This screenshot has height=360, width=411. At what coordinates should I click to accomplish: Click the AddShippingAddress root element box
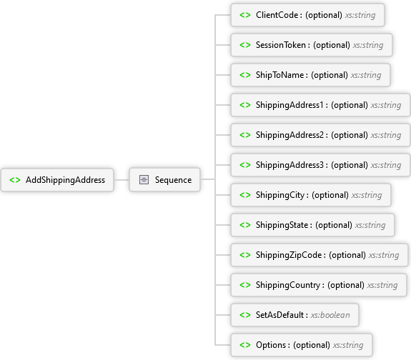click(57, 180)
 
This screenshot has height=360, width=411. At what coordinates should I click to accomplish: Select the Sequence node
click(164, 180)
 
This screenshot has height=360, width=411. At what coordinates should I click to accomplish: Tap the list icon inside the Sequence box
click(144, 180)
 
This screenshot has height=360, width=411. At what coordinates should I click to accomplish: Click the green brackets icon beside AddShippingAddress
click(15, 180)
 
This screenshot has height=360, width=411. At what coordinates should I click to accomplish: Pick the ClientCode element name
click(277, 15)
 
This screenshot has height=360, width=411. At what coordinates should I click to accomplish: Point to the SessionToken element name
click(281, 45)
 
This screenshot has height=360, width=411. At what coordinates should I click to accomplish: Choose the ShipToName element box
click(310, 75)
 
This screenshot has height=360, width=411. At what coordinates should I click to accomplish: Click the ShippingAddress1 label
click(289, 105)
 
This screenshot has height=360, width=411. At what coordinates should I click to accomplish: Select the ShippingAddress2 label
click(289, 135)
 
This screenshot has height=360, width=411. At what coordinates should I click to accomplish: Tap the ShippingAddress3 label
click(289, 165)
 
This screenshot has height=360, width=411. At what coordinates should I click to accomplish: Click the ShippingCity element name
click(280, 195)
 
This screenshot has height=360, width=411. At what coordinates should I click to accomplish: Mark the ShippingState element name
click(282, 225)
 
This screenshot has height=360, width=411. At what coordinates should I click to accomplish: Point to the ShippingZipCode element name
click(289, 255)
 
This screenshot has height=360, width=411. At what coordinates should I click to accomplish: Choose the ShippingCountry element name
click(288, 285)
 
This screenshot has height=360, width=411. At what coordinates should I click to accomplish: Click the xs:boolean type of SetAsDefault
click(330, 315)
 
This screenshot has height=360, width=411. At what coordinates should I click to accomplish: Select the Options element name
click(271, 345)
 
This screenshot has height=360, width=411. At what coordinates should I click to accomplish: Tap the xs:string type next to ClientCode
click(360, 15)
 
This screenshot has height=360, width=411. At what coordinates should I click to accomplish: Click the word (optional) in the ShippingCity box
click(330, 195)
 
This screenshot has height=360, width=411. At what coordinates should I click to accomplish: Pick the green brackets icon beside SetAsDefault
click(245, 315)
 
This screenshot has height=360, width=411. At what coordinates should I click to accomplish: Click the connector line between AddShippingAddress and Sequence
click(122, 180)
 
